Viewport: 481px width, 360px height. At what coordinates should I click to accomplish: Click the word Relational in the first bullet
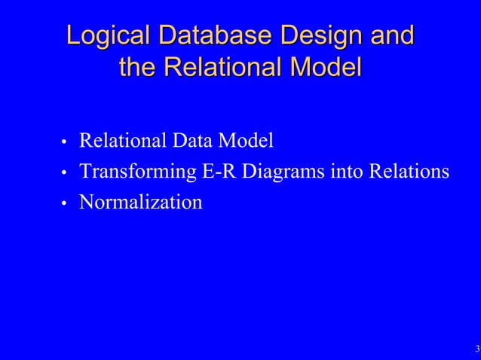click(x=121, y=140)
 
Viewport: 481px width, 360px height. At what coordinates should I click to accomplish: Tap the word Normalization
click(x=141, y=202)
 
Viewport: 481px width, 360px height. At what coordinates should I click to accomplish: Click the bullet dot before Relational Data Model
click(x=65, y=142)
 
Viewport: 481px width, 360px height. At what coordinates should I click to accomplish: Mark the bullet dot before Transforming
click(x=65, y=173)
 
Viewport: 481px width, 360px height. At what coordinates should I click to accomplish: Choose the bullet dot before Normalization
click(x=65, y=204)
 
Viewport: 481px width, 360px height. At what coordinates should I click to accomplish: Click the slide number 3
click(x=477, y=349)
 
